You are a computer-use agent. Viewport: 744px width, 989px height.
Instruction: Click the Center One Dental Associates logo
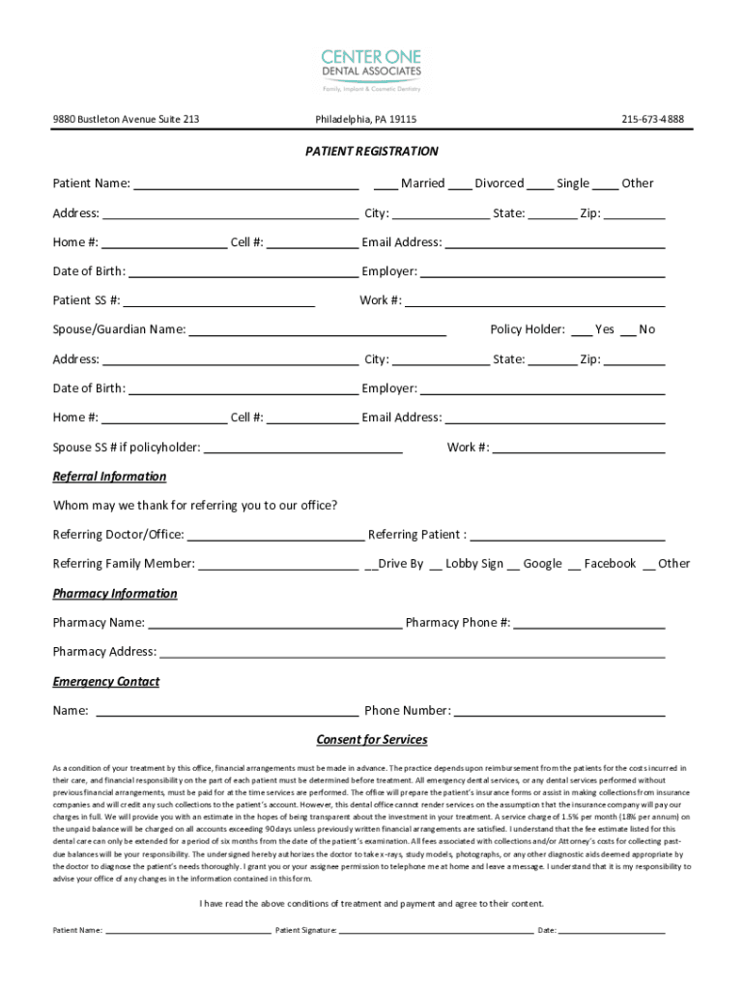click(x=371, y=70)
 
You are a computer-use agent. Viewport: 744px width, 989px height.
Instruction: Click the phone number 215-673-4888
click(x=652, y=120)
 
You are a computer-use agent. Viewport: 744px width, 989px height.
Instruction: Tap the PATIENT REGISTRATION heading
click(x=371, y=152)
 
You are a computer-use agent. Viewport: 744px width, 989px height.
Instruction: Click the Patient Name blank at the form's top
click(x=245, y=184)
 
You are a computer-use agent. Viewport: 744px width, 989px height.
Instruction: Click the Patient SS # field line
click(x=219, y=300)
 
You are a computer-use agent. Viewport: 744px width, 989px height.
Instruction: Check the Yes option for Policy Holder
click(x=582, y=330)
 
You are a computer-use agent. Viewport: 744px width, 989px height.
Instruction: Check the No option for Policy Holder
click(x=628, y=330)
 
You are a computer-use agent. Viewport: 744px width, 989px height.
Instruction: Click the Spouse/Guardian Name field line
click(x=318, y=330)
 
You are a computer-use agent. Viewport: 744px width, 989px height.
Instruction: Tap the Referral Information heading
click(x=109, y=477)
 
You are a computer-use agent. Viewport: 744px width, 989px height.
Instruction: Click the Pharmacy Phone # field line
click(x=589, y=623)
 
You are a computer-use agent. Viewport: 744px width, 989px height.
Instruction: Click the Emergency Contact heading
click(x=105, y=682)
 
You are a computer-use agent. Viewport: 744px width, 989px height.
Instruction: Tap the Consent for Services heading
click(x=371, y=741)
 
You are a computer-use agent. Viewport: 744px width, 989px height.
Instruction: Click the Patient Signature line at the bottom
click(x=435, y=931)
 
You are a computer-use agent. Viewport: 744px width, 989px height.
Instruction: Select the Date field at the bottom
click(x=612, y=931)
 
